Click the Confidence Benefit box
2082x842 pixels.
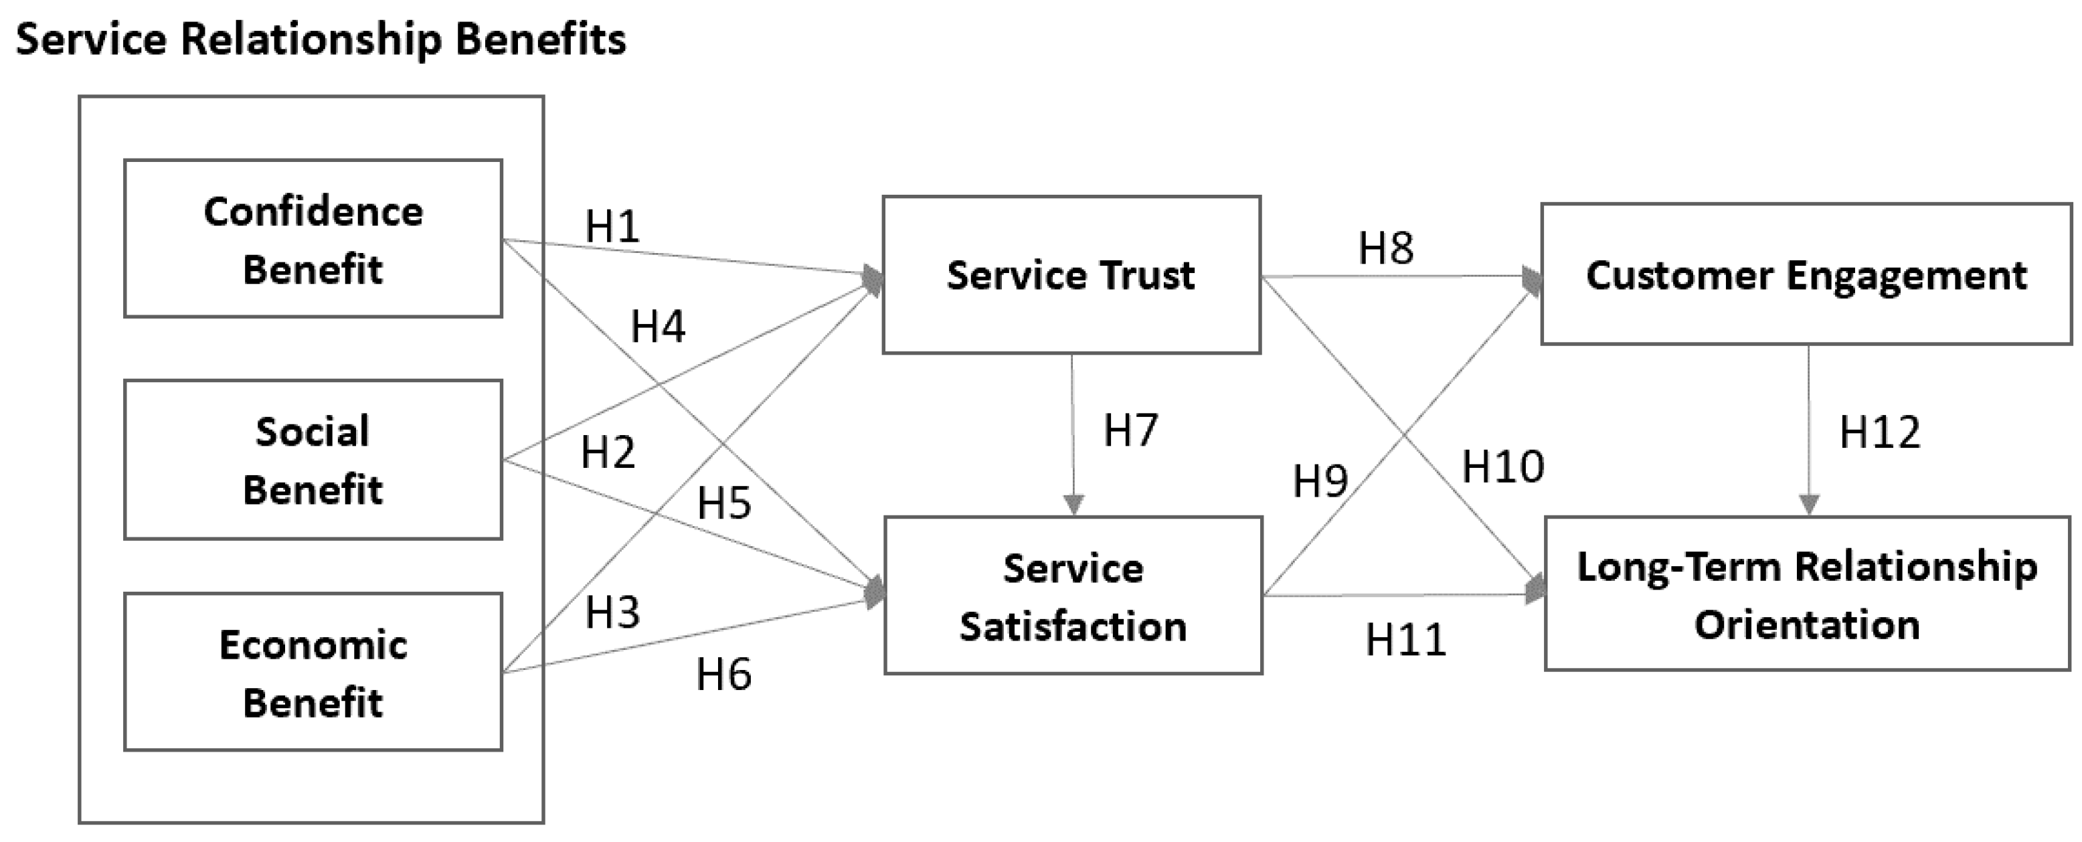[x=313, y=238]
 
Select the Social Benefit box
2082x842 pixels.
[x=313, y=459]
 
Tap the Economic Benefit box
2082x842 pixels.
[x=313, y=671]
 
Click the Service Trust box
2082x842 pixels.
[x=1071, y=274]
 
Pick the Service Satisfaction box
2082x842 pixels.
[x=1073, y=596]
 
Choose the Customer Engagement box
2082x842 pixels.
[x=1806, y=274]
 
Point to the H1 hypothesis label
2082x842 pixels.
[x=612, y=226]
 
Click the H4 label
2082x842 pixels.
[x=657, y=327]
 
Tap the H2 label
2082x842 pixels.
[x=608, y=452]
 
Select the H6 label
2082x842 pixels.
[x=723, y=674]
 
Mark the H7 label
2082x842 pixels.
[x=1130, y=430]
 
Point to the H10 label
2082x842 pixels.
[x=1502, y=467]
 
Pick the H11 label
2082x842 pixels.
[x=1405, y=640]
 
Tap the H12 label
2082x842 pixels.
[x=1879, y=432]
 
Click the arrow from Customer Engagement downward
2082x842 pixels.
[x=1809, y=428]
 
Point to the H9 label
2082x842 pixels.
[x=1320, y=482]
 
